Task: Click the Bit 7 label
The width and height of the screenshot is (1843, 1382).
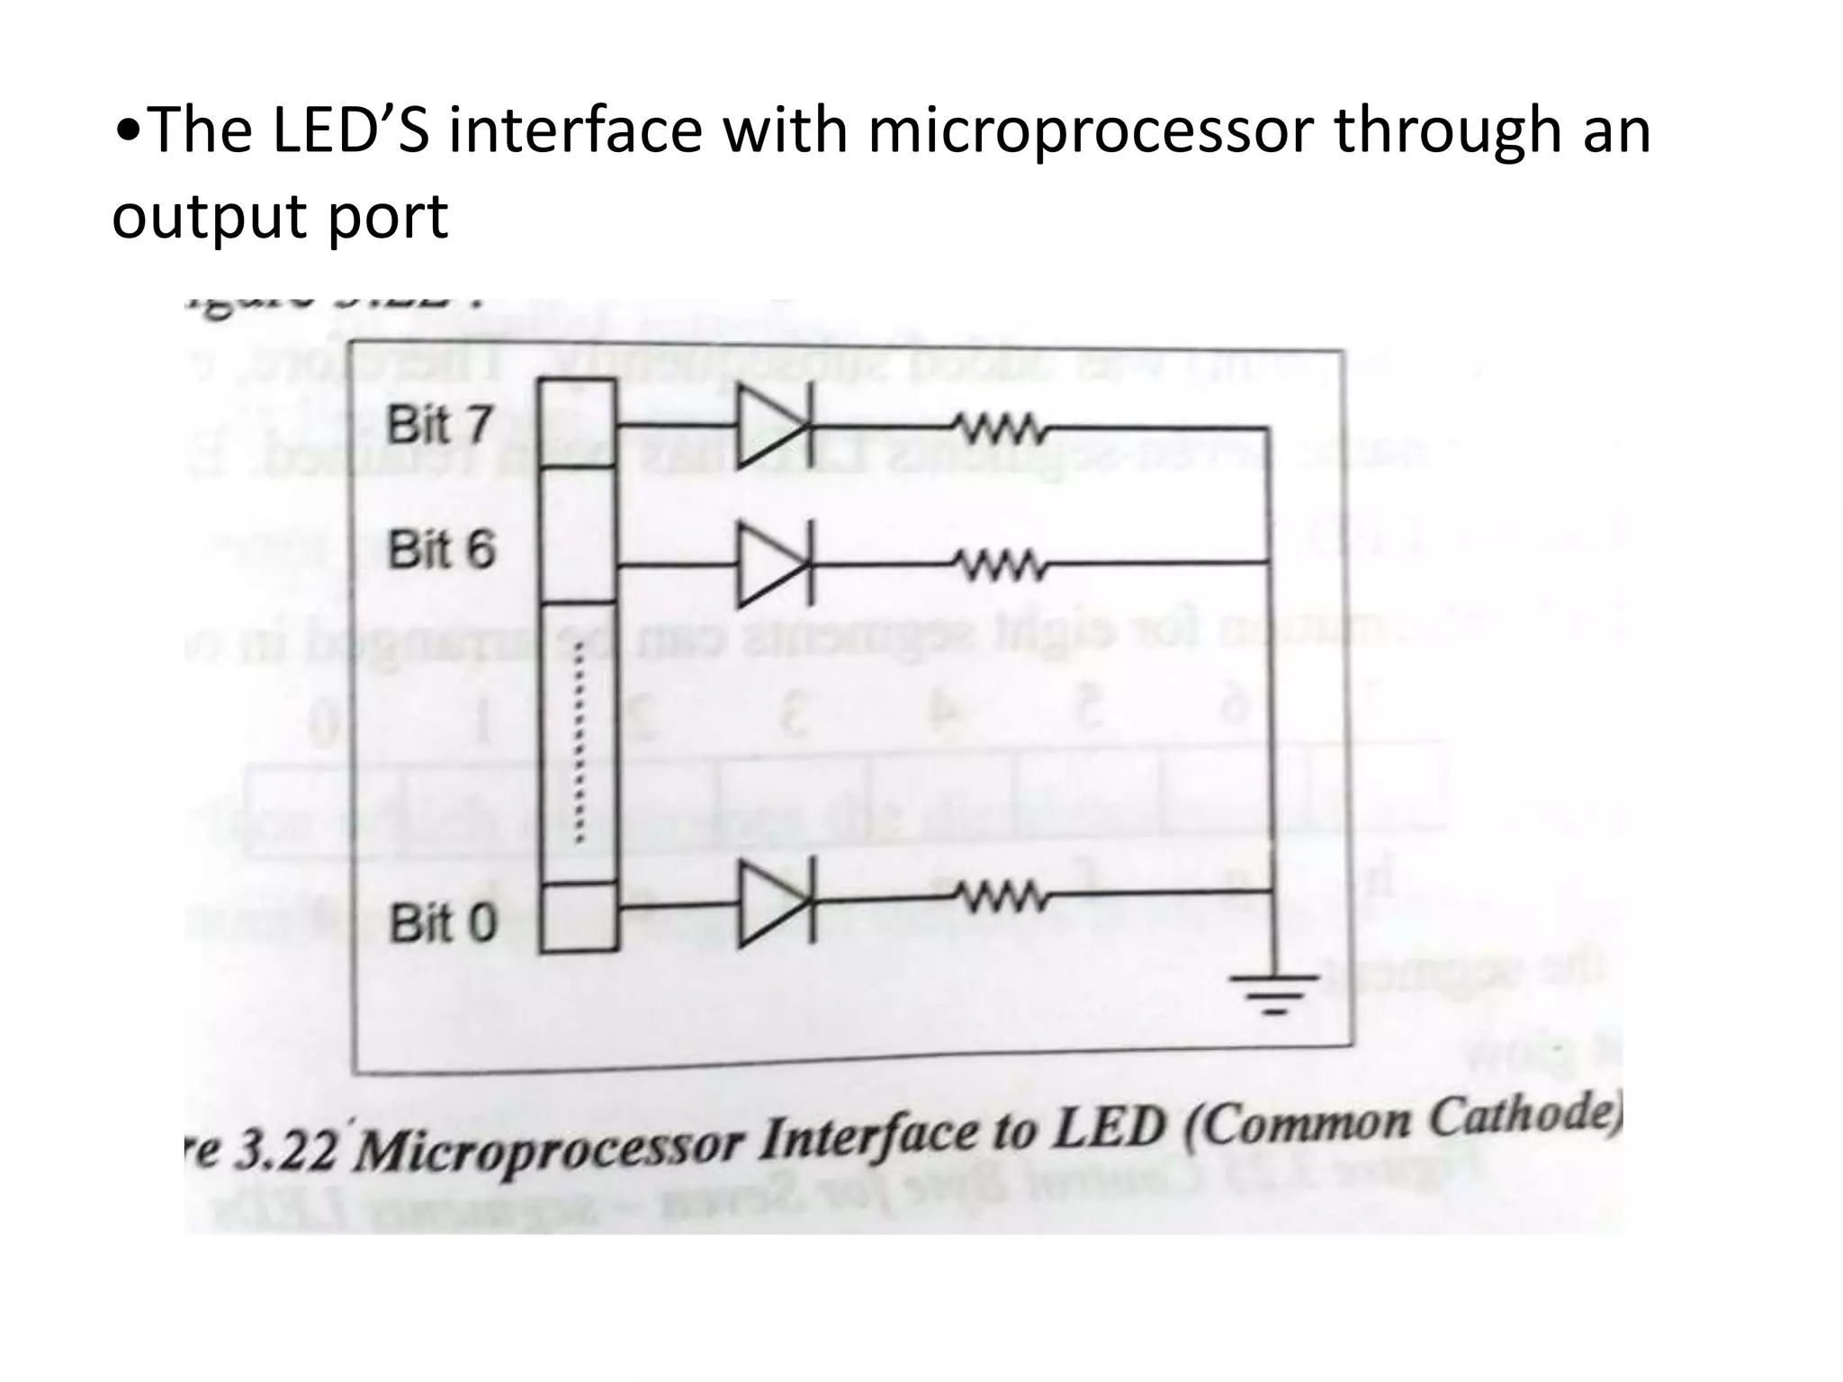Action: point(439,425)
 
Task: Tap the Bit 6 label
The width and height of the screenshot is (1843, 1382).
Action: point(441,550)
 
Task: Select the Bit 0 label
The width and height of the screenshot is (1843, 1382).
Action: point(442,923)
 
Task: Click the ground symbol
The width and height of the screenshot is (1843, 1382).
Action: point(1273,992)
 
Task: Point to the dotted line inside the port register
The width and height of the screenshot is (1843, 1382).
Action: point(580,743)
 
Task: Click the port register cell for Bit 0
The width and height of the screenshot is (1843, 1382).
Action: point(579,917)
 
